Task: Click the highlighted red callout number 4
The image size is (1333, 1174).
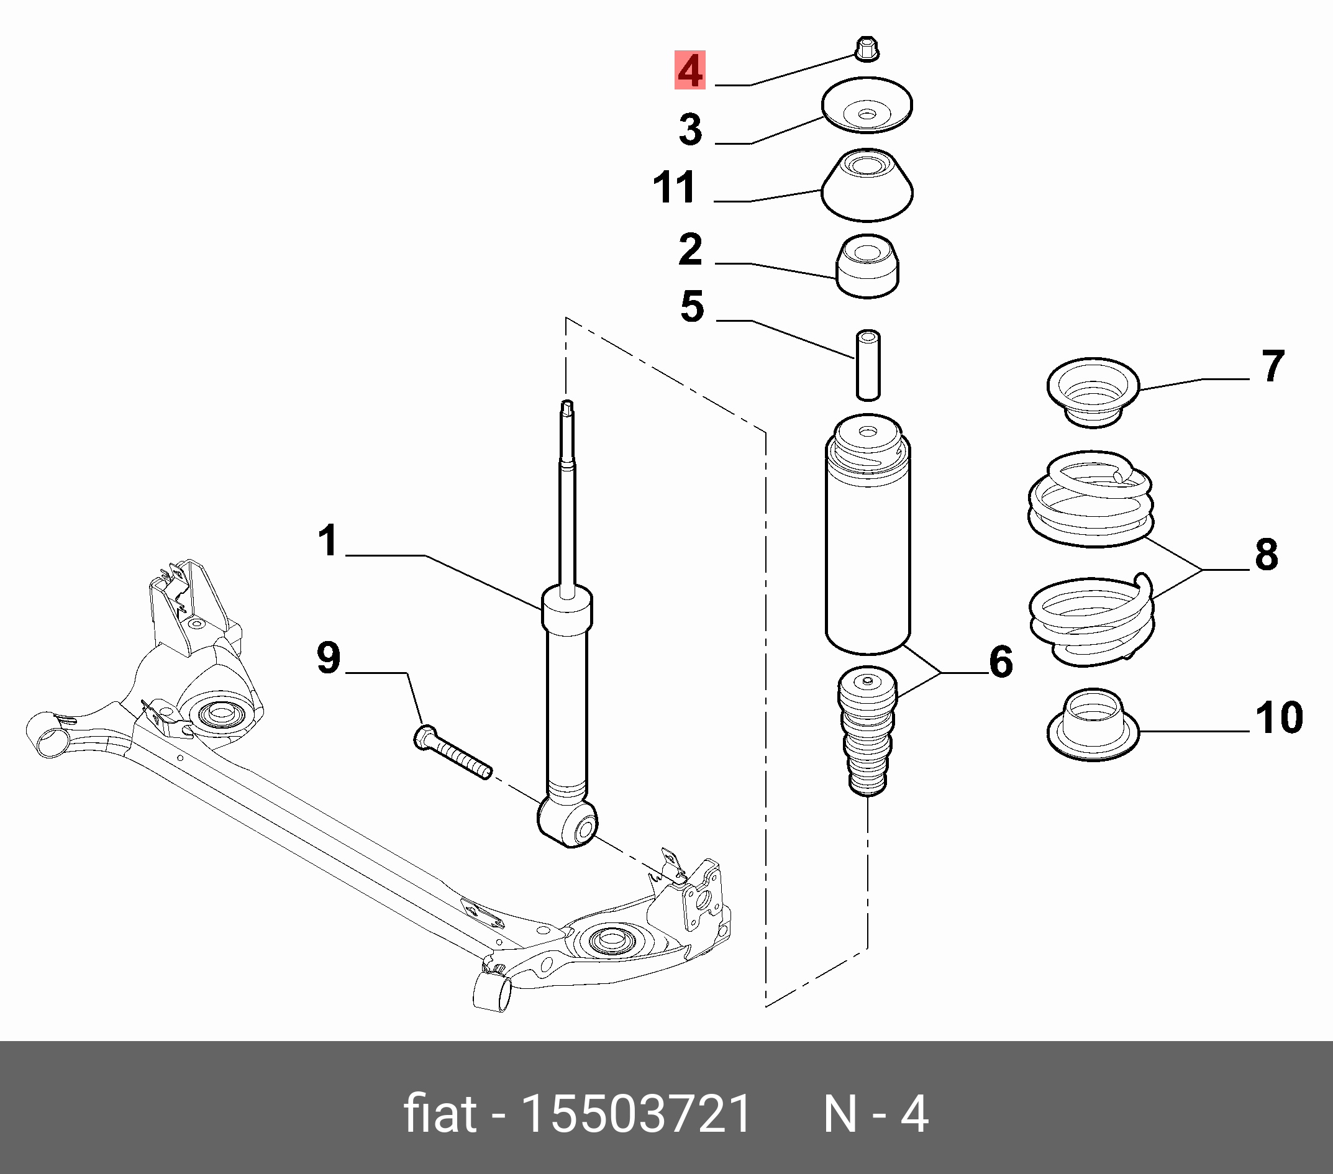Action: [690, 70]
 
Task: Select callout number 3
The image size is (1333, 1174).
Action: [691, 129]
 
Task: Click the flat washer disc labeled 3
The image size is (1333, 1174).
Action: [867, 106]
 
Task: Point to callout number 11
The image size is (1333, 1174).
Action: [675, 188]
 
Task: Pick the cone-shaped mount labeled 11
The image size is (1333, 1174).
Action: [867, 185]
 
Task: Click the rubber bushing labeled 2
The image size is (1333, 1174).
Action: [867, 266]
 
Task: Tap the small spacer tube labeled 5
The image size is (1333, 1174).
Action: [867, 365]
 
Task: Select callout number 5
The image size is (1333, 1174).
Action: [692, 307]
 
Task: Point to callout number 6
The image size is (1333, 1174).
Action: [1001, 662]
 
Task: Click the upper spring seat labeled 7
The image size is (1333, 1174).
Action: [1093, 393]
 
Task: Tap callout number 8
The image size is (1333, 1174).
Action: [1267, 555]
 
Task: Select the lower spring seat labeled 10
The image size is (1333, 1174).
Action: [1093, 725]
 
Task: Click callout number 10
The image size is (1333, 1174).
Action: [1279, 718]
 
